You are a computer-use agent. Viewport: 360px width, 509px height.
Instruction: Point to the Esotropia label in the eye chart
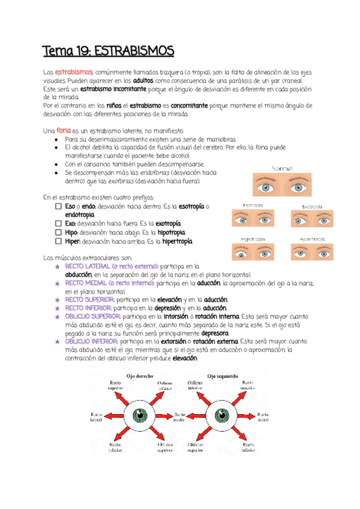[x=252, y=205]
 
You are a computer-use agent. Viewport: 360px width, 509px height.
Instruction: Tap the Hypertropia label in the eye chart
[x=312, y=239]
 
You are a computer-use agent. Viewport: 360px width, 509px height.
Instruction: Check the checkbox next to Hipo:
[x=58, y=232]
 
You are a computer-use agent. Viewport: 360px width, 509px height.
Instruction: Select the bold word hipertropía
[x=173, y=241]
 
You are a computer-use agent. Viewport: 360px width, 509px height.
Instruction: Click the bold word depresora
[x=215, y=333]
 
